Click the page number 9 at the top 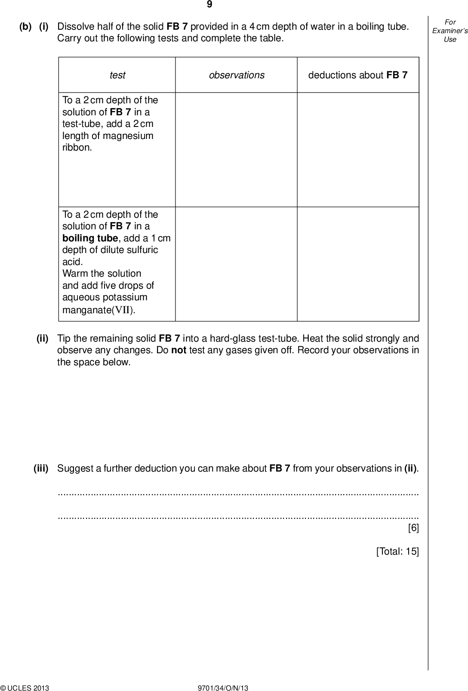pos(209,5)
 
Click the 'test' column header pos(117,75)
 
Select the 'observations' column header pos(237,75)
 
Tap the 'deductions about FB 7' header pos(357,75)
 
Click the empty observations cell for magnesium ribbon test pos(236,150)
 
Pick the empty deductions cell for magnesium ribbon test pos(358,150)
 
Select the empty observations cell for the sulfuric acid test pos(236,264)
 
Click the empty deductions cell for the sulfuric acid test pos(358,264)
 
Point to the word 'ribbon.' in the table pos(77,148)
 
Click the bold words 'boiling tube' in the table pos(90,238)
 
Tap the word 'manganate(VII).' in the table pos(99,310)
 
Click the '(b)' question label pos(25,27)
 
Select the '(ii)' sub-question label pos(43,339)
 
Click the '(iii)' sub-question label pos(41,468)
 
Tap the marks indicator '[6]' pos(413,528)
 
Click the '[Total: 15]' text pos(397,551)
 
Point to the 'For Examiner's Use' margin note pos(450,31)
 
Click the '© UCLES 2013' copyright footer pos(25,688)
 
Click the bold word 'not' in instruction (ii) pos(179,350)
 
